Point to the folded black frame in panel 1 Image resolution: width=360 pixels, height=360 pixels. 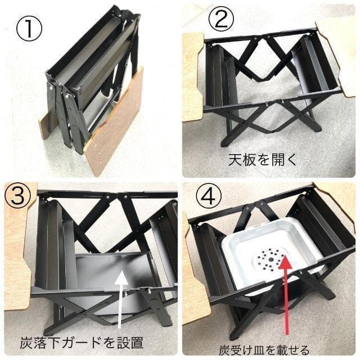[x=90, y=79]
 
